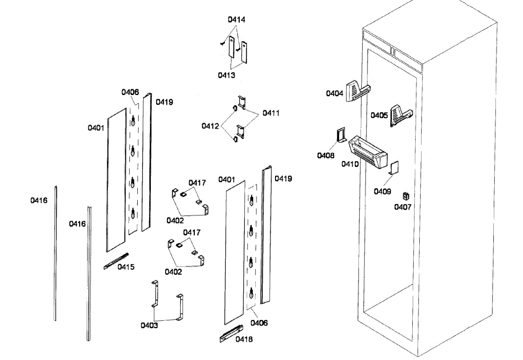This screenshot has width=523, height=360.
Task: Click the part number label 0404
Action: click(x=335, y=93)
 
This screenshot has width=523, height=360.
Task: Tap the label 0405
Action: click(x=379, y=115)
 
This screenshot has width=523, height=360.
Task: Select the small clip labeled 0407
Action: click(x=406, y=197)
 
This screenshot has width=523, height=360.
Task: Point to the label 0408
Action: click(x=326, y=156)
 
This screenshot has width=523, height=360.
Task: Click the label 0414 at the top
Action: click(x=236, y=20)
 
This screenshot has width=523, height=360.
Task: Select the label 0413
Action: click(x=227, y=75)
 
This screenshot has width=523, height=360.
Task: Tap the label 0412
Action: click(x=210, y=126)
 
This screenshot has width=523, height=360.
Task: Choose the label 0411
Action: click(x=271, y=113)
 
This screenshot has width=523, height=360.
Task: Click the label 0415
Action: click(x=126, y=267)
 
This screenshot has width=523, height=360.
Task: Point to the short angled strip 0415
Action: click(x=116, y=261)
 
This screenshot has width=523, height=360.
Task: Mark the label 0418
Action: click(x=244, y=339)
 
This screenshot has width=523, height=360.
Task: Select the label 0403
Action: click(x=149, y=325)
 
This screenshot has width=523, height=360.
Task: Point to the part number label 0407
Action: click(x=403, y=207)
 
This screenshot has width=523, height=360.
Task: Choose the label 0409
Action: click(x=382, y=191)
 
